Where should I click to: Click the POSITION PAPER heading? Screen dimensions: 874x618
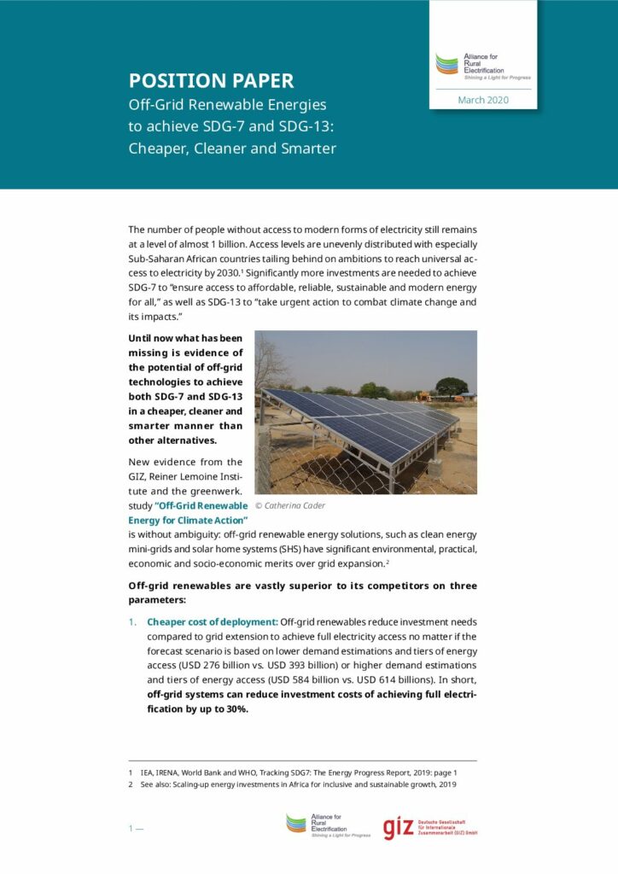[211, 81]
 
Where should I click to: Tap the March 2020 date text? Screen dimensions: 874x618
[482, 100]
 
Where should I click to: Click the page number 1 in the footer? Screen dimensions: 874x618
[131, 828]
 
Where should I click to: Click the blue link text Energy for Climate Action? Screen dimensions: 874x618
[188, 520]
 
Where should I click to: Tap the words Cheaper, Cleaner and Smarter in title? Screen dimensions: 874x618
[232, 148]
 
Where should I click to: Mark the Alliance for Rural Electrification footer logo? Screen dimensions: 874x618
[328, 825]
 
